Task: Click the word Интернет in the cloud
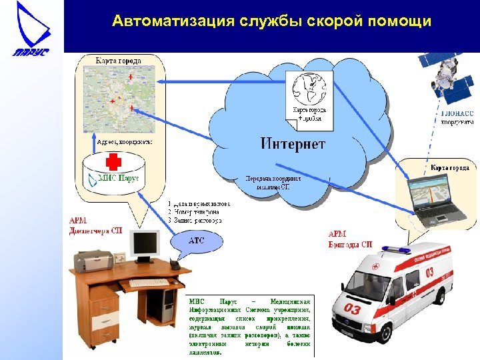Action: coord(293,143)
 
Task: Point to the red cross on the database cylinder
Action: coord(114,163)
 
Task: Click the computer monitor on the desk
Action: coord(145,245)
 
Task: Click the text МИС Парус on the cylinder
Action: coord(118,178)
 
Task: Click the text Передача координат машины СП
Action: coord(273,183)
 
